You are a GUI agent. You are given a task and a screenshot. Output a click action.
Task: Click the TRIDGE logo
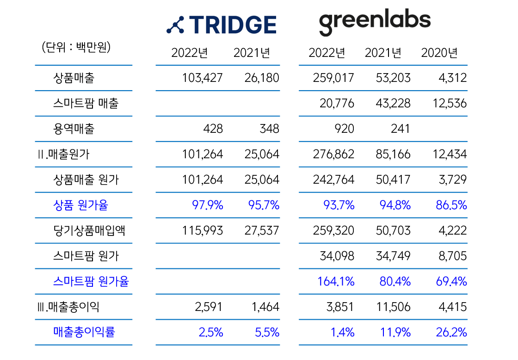pyautogui.click(x=222, y=25)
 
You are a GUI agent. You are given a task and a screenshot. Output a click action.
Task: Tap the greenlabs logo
pyautogui.click(x=374, y=23)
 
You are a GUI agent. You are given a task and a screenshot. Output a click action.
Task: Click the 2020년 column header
pyautogui.click(x=439, y=53)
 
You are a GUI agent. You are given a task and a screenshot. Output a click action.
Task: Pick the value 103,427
pyautogui.click(x=203, y=78)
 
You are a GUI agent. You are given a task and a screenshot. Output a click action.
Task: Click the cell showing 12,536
pyautogui.click(x=450, y=103)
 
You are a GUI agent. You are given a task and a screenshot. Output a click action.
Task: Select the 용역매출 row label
pyautogui.click(x=74, y=129)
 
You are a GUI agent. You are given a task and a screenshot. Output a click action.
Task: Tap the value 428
pyautogui.click(x=213, y=129)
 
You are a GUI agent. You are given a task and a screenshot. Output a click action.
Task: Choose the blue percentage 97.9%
pyautogui.click(x=208, y=205)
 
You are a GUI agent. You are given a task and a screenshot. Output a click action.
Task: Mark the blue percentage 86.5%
pyautogui.click(x=451, y=205)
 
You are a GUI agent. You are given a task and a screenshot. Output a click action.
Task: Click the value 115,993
pyautogui.click(x=203, y=230)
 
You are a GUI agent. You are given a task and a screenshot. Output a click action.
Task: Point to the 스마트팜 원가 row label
pyautogui.click(x=86, y=256)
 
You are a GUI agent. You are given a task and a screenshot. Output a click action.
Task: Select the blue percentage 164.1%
pyautogui.click(x=336, y=281)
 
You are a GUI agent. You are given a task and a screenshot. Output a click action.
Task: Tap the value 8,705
pyautogui.click(x=453, y=256)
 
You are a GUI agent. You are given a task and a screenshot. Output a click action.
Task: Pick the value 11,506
pyautogui.click(x=393, y=307)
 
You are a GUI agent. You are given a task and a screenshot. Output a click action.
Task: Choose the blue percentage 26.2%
pyautogui.click(x=451, y=332)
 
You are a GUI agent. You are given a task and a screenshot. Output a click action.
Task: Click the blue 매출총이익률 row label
pyautogui.click(x=84, y=332)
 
